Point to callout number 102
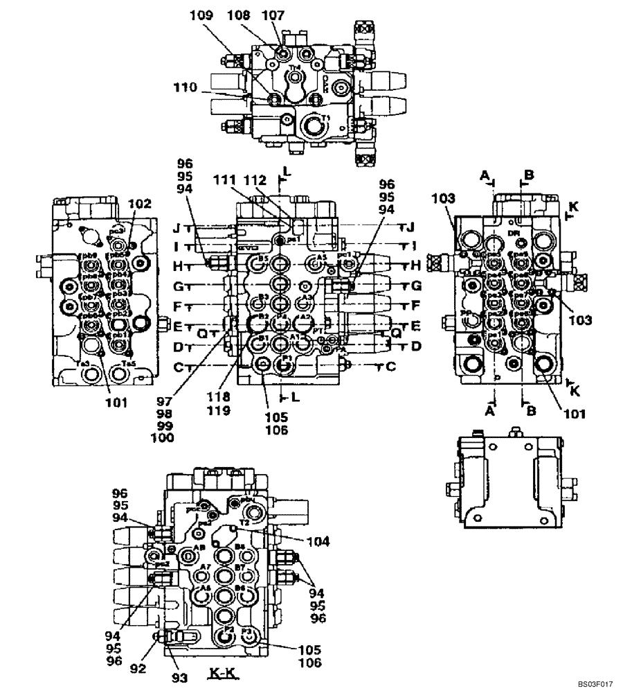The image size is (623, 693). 139,204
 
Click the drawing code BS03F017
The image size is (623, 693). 596,684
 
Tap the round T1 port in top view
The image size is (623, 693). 311,128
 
